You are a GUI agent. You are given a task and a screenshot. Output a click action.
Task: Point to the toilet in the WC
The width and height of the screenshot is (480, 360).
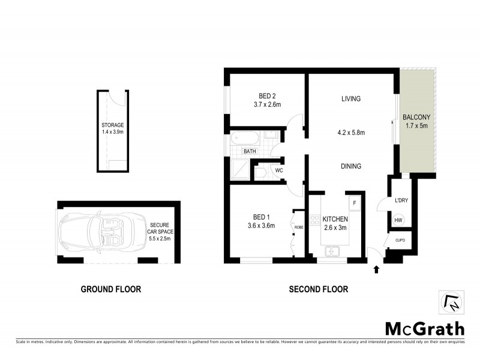coord(262,173)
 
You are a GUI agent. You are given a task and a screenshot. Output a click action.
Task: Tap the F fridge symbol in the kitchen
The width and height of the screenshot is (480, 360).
coord(355,202)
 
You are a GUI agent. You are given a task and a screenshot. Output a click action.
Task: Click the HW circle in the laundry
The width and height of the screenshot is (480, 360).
coord(398,221)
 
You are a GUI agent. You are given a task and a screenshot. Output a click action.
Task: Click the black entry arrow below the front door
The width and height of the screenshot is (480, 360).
coord(376,269)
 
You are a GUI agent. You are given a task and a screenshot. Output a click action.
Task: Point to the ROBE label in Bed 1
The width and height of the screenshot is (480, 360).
coord(299,227)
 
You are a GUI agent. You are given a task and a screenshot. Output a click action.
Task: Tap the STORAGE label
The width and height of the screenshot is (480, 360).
coord(112,125)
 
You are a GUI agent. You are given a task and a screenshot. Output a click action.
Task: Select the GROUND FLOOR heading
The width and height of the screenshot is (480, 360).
coord(111,289)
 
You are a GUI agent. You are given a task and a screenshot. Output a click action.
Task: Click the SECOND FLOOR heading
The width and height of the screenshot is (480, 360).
coord(318,289)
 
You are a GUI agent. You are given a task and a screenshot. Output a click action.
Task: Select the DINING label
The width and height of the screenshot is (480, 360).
coord(350,166)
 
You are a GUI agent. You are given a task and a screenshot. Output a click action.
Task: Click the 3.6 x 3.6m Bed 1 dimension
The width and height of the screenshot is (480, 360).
coord(261,226)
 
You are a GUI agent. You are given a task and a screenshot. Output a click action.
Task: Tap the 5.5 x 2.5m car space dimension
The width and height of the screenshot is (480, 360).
coord(159,239)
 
